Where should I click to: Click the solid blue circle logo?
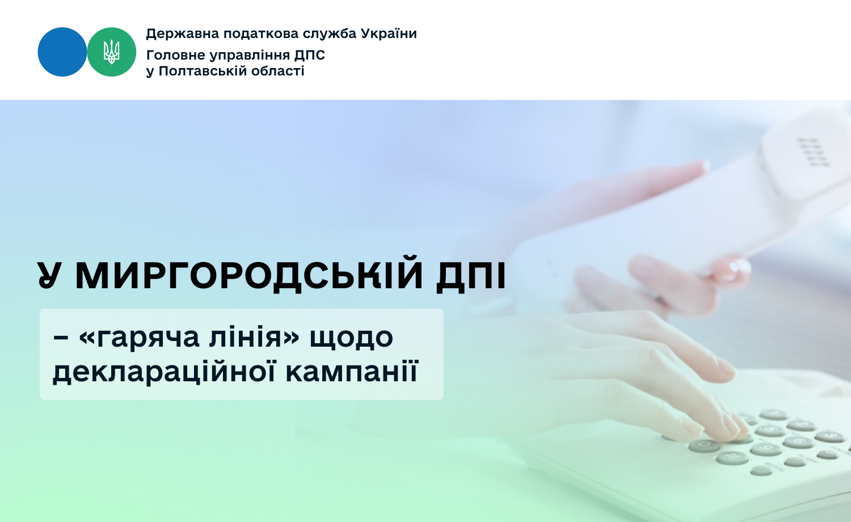coord(62,52)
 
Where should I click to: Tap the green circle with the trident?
coord(112,52)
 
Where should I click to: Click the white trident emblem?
coord(112,52)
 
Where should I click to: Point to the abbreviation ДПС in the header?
coord(310,56)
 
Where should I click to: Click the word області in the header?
coord(278,71)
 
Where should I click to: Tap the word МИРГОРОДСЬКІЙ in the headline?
coord(249,275)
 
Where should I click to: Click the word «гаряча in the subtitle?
coord(139,338)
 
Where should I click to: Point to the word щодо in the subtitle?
coord(351,338)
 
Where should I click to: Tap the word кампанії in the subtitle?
coord(352,371)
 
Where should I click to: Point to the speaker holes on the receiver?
coord(812,152)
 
